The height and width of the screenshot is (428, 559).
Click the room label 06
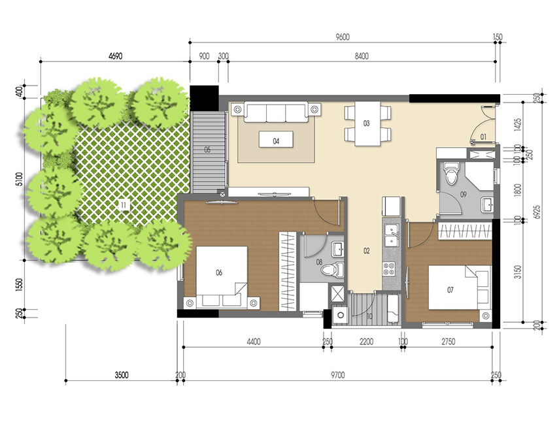point(219,272)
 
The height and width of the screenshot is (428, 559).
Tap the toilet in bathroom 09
point(451,174)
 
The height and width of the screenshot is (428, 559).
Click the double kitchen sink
point(392,234)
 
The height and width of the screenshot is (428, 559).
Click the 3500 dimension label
point(122,375)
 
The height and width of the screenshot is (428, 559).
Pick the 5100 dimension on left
point(20,178)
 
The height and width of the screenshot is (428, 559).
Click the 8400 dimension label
point(362,56)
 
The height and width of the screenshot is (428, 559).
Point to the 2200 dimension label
point(365,340)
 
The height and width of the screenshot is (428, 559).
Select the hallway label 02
point(367,250)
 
